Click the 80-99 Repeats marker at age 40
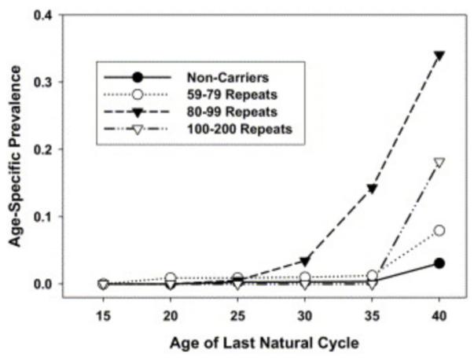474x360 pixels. [439, 56]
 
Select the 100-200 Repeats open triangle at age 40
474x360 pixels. [439, 163]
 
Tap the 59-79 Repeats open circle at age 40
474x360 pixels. [439, 230]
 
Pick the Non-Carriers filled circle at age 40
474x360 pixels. [439, 263]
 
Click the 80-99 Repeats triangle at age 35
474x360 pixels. [372, 189]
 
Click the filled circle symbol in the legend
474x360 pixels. [138, 78]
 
